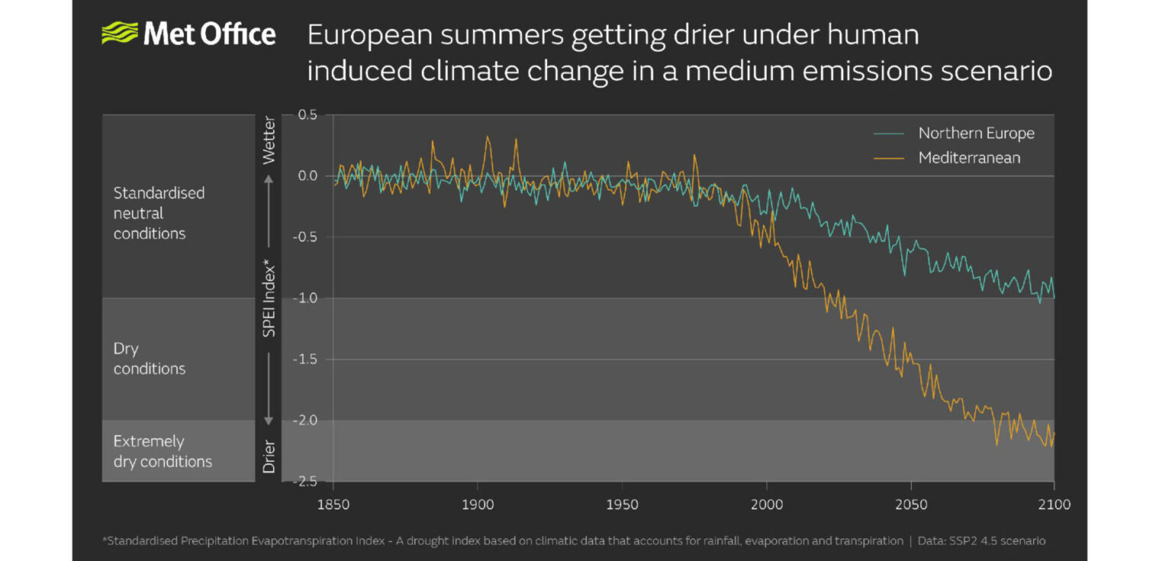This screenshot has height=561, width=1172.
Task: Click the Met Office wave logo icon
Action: click(119, 34)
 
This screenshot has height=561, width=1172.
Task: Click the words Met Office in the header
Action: click(209, 34)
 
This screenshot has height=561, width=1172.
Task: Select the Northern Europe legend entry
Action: click(976, 133)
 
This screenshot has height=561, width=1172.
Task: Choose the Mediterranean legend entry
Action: click(969, 159)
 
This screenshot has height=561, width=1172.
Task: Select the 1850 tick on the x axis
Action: click(333, 505)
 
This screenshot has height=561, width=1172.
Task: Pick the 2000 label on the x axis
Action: click(766, 505)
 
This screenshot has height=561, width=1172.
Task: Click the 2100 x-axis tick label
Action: click(1054, 505)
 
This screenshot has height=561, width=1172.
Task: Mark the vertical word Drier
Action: click(269, 455)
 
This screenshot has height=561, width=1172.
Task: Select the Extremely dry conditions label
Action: click(163, 451)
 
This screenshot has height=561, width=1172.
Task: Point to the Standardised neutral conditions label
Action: click(159, 213)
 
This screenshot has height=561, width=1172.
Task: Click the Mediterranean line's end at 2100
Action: click(1054, 434)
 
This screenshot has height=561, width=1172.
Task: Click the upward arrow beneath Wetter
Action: click(269, 180)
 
